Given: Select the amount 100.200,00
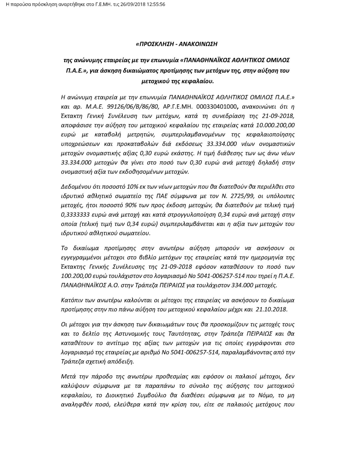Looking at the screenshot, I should (x=75, y=276).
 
